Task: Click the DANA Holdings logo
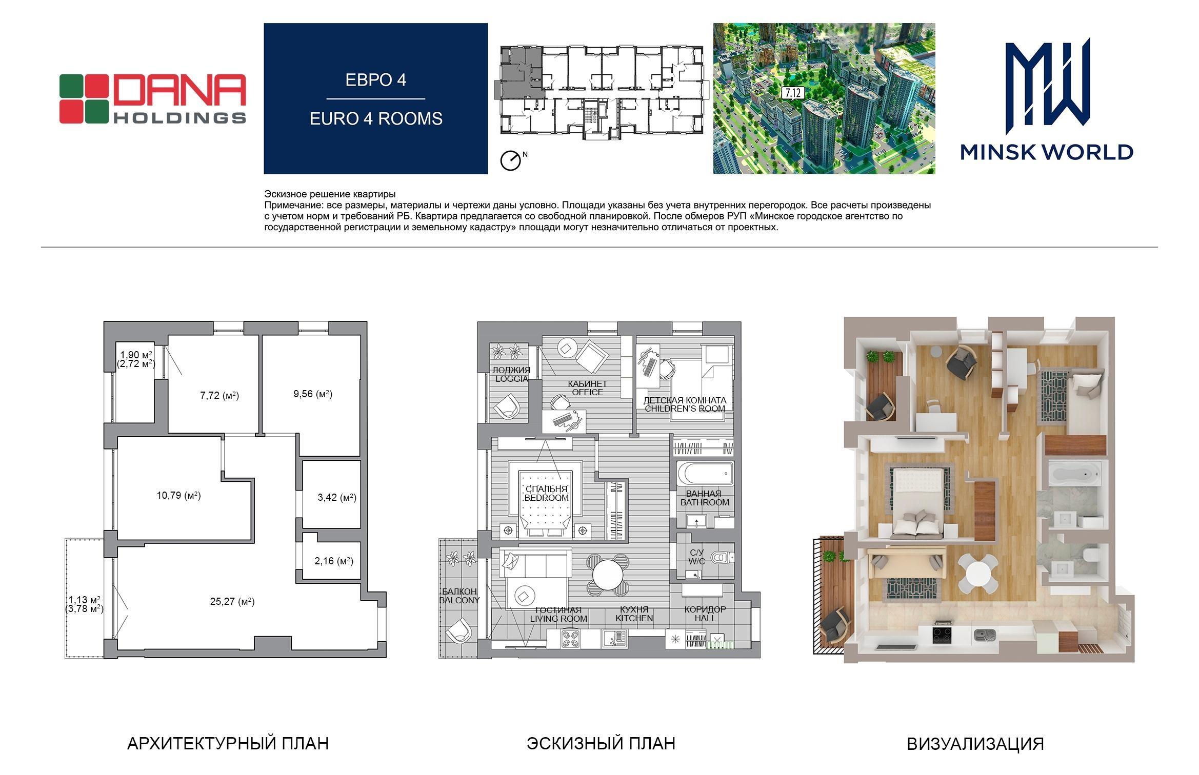click(x=153, y=99)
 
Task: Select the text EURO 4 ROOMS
click(x=376, y=118)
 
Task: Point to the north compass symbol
click(x=511, y=160)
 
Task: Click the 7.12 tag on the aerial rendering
click(x=792, y=93)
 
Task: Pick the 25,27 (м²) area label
click(x=232, y=601)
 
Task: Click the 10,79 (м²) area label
click(x=178, y=495)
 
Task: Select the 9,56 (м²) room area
click(x=313, y=394)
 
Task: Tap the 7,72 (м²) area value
click(x=219, y=395)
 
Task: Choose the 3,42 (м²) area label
click(x=337, y=497)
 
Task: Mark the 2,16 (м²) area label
click(x=334, y=561)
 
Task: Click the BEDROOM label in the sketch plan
click(x=547, y=498)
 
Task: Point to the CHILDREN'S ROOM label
click(x=685, y=409)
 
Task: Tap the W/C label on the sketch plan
click(x=697, y=561)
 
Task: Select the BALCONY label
click(x=459, y=600)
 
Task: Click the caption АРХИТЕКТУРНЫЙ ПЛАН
click(x=228, y=743)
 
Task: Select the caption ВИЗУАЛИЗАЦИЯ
click(x=975, y=744)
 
